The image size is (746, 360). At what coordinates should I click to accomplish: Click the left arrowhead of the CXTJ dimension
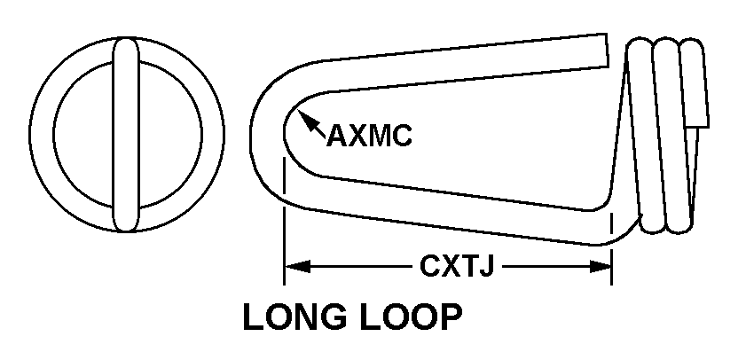[x=292, y=265]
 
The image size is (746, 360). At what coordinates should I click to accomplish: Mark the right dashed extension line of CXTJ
[x=612, y=248]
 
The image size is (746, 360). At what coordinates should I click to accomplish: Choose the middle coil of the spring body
[x=667, y=133]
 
